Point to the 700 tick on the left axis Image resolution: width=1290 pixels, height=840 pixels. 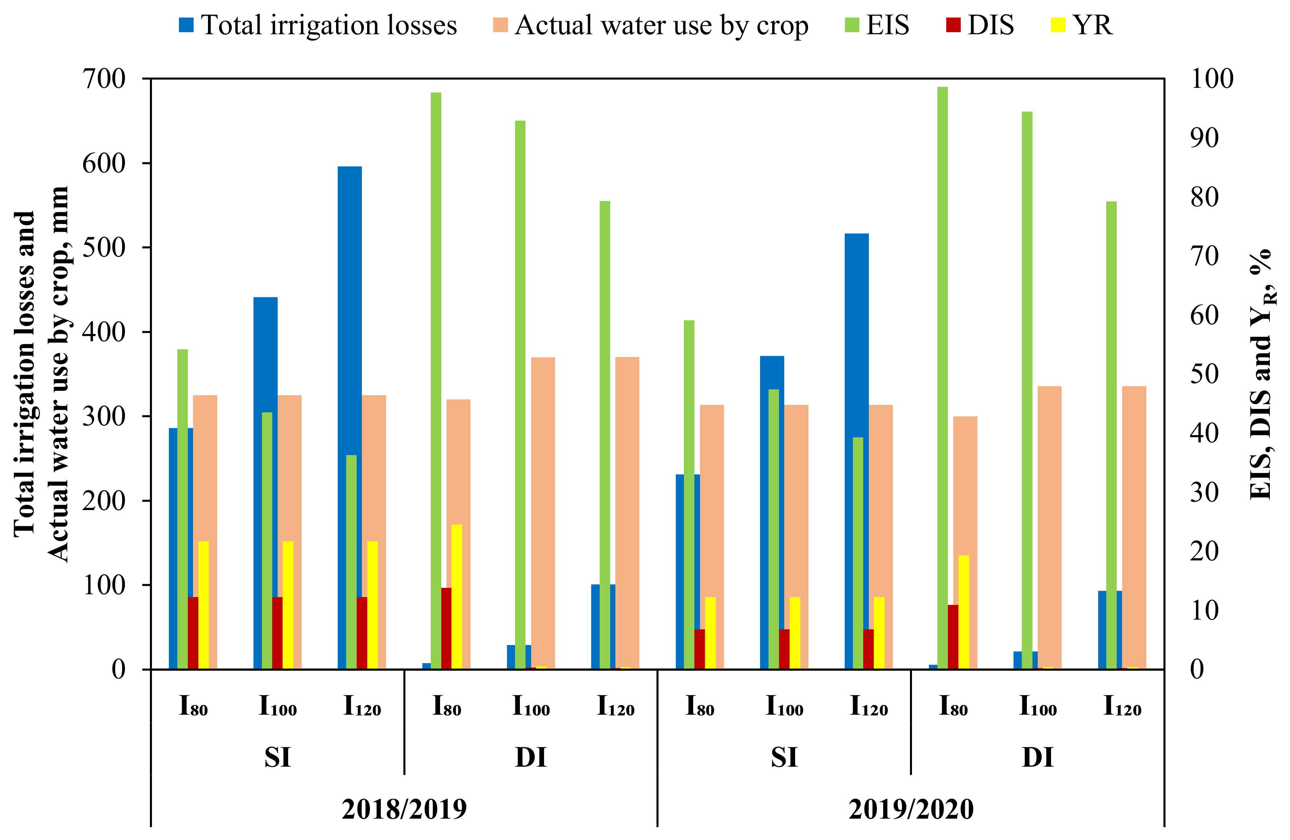pos(104,79)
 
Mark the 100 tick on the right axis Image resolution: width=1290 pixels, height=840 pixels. pos(1212,79)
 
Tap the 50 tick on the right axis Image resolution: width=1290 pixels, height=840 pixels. pos(1204,374)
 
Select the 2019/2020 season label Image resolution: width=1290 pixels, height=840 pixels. pos(911,809)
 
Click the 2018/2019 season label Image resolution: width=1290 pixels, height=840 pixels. pos(404,809)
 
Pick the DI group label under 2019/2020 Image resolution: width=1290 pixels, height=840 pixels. pos(1037,757)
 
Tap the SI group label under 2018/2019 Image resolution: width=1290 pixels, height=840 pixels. pos(278,757)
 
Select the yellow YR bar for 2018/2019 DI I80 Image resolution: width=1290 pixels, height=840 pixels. pos(457,596)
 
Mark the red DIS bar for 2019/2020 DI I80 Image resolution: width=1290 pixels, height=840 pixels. pos(953,637)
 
